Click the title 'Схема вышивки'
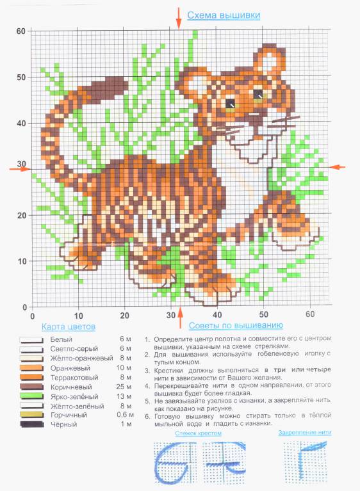(x=224, y=15)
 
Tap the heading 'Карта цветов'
(x=69, y=326)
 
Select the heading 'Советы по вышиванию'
(x=236, y=325)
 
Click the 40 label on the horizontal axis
(x=217, y=315)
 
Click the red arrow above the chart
(x=179, y=18)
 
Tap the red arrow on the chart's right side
(x=337, y=167)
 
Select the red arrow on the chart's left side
(x=20, y=169)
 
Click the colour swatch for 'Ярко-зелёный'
(x=31, y=396)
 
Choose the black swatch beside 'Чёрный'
(x=31, y=424)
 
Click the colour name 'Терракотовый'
(x=74, y=377)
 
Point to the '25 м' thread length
(x=124, y=387)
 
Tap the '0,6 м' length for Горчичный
(x=126, y=415)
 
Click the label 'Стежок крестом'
(x=199, y=433)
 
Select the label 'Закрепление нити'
(x=305, y=433)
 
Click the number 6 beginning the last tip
(x=147, y=417)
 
